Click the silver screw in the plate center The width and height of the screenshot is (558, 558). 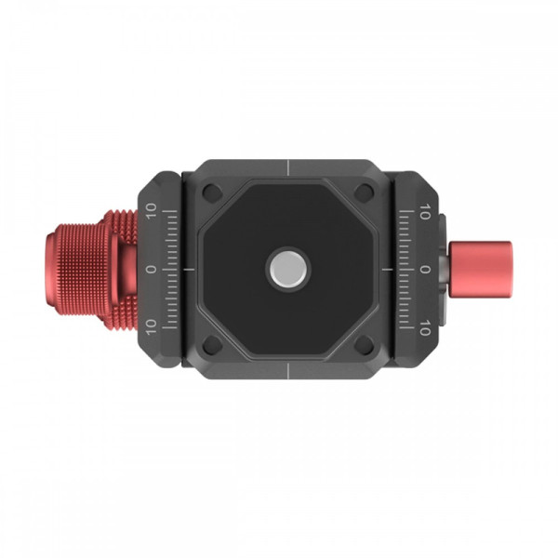pos(288,268)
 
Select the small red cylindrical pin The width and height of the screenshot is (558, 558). pos(480,270)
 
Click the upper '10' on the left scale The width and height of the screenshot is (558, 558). pos(152,211)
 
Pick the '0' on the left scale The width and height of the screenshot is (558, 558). pos(152,269)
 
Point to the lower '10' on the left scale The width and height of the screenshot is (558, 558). pos(152,326)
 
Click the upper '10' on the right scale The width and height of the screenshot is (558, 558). pos(425,211)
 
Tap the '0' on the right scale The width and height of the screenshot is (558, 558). pos(425,270)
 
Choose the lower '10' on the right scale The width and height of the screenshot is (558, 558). pos(425,327)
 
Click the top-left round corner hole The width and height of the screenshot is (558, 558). pos(211,193)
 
